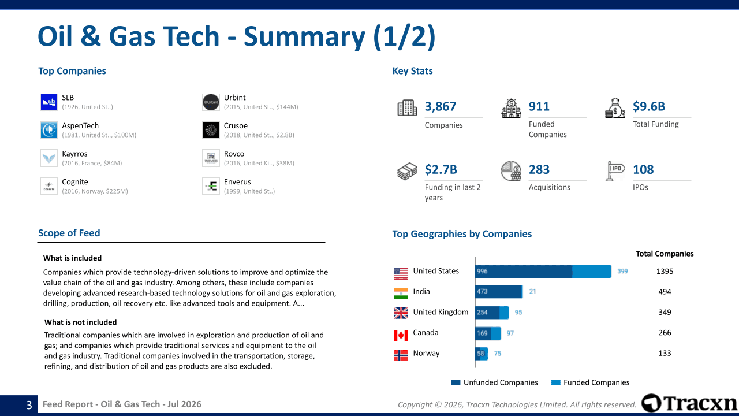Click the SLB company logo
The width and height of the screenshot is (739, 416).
click(x=49, y=102)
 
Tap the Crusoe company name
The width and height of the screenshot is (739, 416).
click(x=236, y=126)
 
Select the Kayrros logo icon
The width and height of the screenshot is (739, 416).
click(x=49, y=158)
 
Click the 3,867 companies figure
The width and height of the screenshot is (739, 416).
click(x=440, y=106)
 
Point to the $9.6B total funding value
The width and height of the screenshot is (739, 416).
click(x=648, y=106)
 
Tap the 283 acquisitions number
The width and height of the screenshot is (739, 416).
click(x=539, y=170)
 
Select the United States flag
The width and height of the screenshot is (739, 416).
click(x=401, y=274)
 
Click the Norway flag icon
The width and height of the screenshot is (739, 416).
click(x=401, y=355)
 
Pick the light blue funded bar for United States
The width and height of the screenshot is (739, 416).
click(x=592, y=272)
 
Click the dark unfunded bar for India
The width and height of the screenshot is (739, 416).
click(x=498, y=292)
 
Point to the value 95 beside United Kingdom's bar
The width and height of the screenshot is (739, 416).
click(x=518, y=313)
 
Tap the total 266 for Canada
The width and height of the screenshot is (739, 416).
click(x=665, y=333)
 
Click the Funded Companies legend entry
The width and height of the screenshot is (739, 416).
click(x=590, y=382)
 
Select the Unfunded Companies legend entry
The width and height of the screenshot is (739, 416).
click(x=495, y=382)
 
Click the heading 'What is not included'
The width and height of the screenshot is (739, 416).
click(x=80, y=322)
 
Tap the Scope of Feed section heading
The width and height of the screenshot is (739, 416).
click(x=69, y=233)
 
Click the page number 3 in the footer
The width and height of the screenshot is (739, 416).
click(x=29, y=405)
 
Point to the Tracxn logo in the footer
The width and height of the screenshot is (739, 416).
click(x=689, y=403)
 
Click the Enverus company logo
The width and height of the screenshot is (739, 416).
click(x=211, y=186)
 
